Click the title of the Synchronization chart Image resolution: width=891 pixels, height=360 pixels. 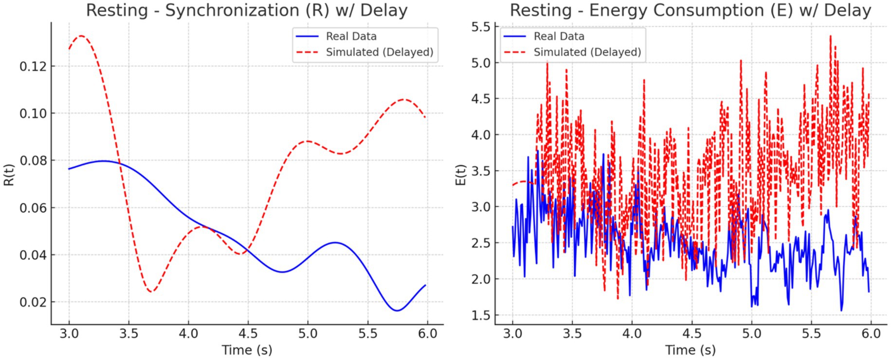point(247,10)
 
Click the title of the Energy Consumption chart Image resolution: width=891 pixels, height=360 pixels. point(690,10)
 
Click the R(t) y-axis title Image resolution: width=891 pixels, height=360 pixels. point(9,174)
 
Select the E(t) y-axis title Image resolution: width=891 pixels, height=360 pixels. point(461,174)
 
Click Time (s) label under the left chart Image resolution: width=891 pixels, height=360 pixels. point(247,349)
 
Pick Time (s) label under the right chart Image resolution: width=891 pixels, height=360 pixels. point(690,349)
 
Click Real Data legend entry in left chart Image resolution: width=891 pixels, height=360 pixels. point(351,36)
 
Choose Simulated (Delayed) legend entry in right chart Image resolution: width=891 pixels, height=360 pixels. point(587,52)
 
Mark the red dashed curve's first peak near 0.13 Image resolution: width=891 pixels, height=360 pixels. point(81,36)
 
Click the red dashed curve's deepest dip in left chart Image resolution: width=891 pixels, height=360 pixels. point(151,291)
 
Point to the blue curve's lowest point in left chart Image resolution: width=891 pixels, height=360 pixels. point(397,310)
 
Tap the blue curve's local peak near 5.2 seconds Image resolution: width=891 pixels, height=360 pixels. point(335,242)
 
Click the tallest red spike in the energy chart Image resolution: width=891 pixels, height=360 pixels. point(830,36)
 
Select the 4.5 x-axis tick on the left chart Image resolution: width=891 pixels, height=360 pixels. point(248,334)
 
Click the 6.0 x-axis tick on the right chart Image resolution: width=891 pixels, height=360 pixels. point(871,334)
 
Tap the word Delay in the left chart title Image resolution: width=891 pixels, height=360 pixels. point(383,10)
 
